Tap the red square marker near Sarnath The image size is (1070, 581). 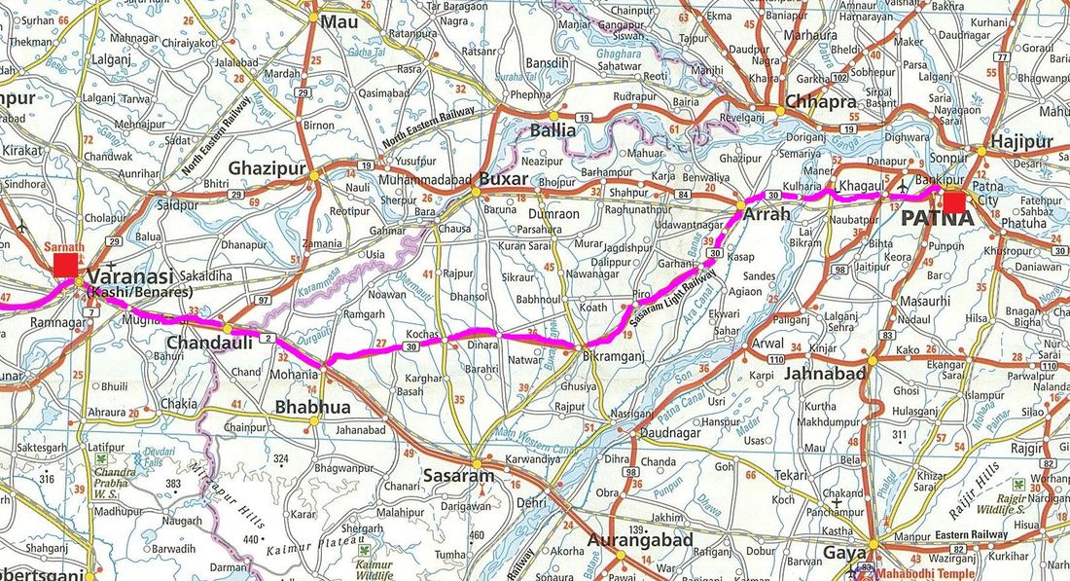(66, 265)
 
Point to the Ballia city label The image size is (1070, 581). (553, 130)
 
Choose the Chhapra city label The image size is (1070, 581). (821, 102)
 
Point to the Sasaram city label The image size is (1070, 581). (457, 477)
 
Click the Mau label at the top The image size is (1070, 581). (339, 21)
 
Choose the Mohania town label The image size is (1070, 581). (293, 374)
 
